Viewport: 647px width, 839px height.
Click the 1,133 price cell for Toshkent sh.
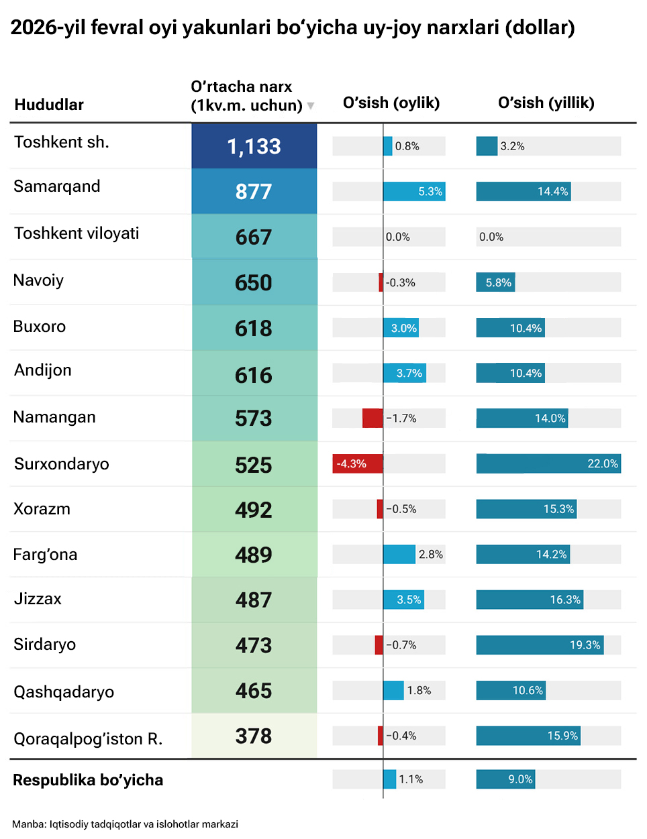click(254, 146)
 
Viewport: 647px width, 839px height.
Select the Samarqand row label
click(57, 186)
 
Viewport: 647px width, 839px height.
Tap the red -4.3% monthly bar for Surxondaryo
click(358, 463)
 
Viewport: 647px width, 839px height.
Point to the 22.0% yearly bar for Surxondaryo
click(548, 463)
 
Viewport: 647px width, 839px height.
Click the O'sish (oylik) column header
click(391, 103)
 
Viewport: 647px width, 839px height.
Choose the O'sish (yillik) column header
click(546, 103)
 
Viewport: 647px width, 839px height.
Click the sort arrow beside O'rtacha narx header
click(311, 106)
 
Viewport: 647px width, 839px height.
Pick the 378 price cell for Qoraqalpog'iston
click(254, 736)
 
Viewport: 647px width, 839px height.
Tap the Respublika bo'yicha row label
click(88, 780)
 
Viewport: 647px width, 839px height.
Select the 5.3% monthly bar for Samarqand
click(414, 192)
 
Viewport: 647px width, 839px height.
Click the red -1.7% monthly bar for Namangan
click(372, 418)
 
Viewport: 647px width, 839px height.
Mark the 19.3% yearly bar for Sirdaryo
click(540, 645)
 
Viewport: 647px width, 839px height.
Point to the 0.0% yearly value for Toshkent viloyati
click(491, 237)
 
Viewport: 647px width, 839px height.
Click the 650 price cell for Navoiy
click(254, 282)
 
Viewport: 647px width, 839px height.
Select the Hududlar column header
click(49, 105)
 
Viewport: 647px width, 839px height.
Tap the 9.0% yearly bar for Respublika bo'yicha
click(505, 779)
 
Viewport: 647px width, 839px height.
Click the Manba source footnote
click(125, 824)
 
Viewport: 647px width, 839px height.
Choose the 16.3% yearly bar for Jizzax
click(530, 600)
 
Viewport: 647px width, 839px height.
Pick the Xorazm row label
click(42, 509)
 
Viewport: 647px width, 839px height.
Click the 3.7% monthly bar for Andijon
click(405, 373)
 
